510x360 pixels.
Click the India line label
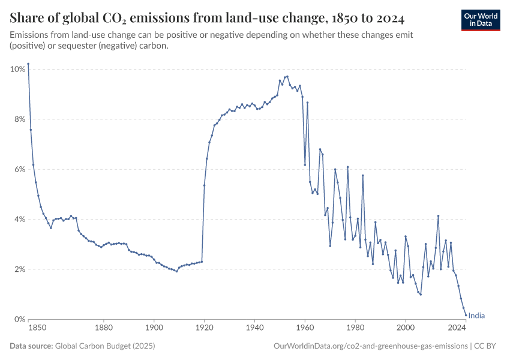[x=476, y=316]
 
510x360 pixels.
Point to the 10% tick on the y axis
[x=17, y=69]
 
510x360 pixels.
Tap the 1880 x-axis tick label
[x=104, y=328]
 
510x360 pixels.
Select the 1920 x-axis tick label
[x=205, y=328]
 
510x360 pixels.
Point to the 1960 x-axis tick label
[x=305, y=328]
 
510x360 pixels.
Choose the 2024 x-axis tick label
[x=457, y=328]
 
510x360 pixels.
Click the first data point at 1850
[x=28, y=64]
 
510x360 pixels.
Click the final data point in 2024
[x=466, y=315]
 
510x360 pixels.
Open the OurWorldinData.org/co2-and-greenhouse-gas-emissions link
[x=370, y=346]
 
